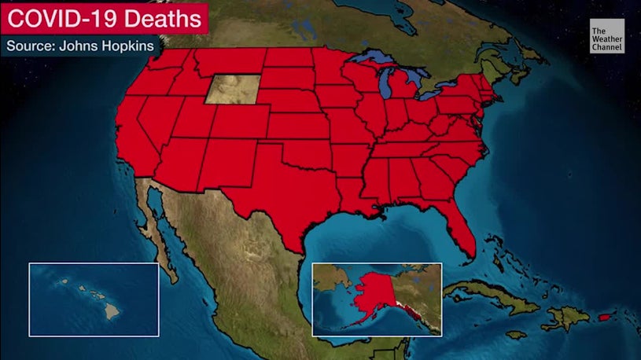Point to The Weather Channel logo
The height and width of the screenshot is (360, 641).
coord(607,39)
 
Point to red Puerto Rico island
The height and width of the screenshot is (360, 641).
coord(605,317)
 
